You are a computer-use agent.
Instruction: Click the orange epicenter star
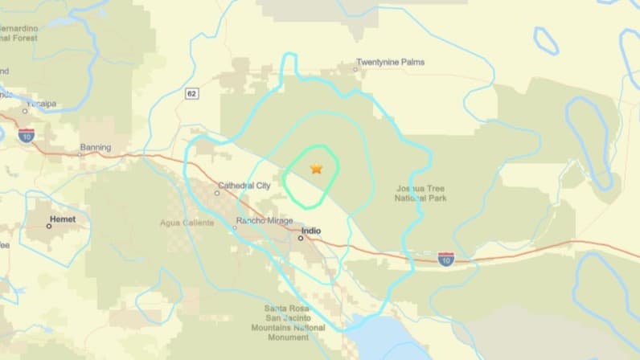point(316,168)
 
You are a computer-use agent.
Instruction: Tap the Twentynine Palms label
point(391,62)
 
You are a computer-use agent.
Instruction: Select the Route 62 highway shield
point(191,94)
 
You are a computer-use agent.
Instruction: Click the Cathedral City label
point(244,186)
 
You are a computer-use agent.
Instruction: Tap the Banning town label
point(95,147)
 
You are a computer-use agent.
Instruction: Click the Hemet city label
point(62,218)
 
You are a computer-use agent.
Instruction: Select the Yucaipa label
point(41,104)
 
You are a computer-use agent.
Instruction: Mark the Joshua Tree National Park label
point(421,193)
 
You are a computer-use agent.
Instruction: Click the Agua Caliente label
point(187,223)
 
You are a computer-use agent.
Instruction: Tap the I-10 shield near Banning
point(27,135)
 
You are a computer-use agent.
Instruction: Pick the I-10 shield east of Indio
point(446,258)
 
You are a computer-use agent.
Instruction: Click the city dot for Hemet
point(48,227)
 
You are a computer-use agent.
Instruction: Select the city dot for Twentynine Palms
point(355,70)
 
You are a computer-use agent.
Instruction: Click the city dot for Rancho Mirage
point(235,228)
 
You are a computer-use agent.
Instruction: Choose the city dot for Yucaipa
point(25,111)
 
